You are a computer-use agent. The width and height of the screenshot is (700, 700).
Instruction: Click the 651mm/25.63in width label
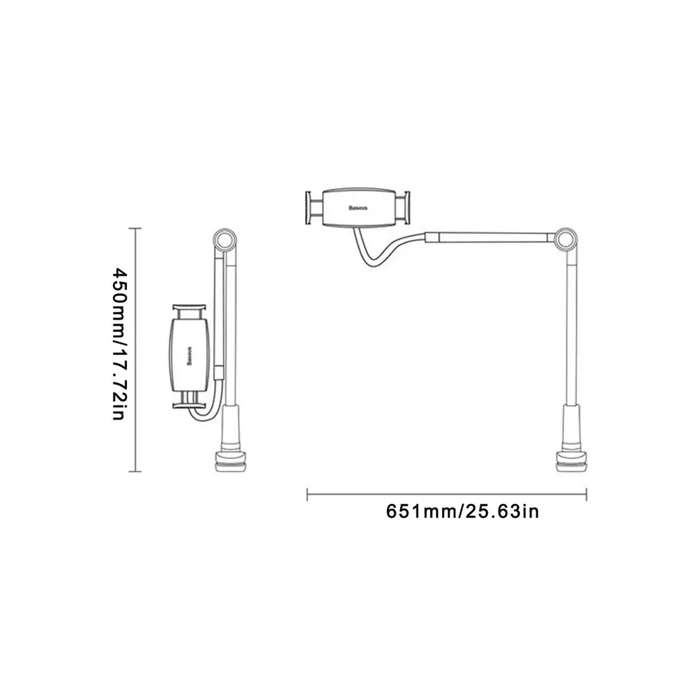(x=462, y=512)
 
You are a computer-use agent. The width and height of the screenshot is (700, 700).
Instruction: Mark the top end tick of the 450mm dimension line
(x=136, y=227)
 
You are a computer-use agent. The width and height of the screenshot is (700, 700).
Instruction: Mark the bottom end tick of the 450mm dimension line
(x=136, y=471)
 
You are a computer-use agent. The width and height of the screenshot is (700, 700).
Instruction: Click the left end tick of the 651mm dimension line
(x=307, y=493)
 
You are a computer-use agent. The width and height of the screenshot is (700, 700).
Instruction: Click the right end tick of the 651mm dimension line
(x=586, y=493)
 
